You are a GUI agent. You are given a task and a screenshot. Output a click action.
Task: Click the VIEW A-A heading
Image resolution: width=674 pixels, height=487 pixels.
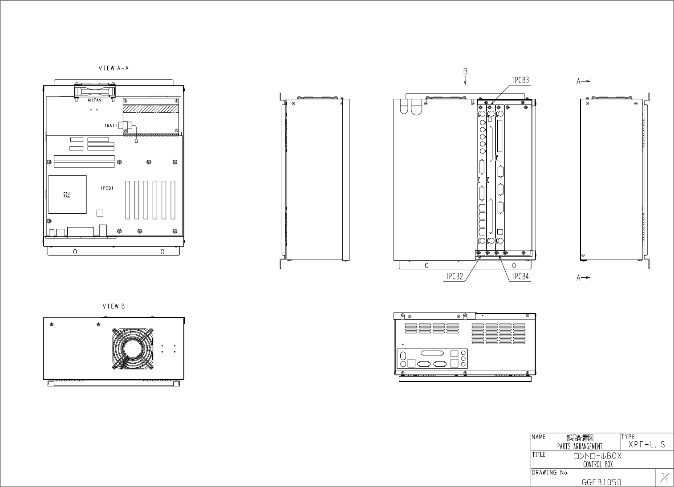point(114,69)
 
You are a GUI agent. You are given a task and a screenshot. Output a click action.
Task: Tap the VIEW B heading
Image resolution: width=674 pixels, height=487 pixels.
point(114,307)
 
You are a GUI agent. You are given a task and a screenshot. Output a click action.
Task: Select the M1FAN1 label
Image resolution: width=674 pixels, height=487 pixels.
point(95,101)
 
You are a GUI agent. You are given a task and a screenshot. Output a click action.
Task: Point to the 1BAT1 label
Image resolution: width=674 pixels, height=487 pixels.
point(110,126)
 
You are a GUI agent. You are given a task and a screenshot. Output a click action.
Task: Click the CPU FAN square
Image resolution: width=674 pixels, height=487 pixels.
point(67,195)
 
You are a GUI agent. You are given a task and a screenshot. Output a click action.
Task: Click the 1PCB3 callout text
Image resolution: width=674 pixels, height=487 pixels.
point(520,81)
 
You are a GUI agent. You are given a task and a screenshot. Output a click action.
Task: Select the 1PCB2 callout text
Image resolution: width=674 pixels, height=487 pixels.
point(454,276)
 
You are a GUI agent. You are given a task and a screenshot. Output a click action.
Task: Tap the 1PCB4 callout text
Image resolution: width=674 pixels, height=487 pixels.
point(520,276)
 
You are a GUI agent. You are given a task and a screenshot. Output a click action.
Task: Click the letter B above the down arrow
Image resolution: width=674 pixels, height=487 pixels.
point(465,71)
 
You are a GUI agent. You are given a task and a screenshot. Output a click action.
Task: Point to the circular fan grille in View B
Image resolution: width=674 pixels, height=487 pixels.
point(133,349)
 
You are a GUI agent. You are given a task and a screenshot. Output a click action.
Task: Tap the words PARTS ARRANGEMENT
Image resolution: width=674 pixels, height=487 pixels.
point(580,446)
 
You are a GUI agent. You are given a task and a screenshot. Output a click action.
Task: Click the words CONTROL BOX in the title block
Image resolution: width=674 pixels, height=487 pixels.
point(597,465)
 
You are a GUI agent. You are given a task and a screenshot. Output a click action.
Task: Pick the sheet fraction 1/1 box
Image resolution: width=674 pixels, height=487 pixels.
point(664,478)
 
